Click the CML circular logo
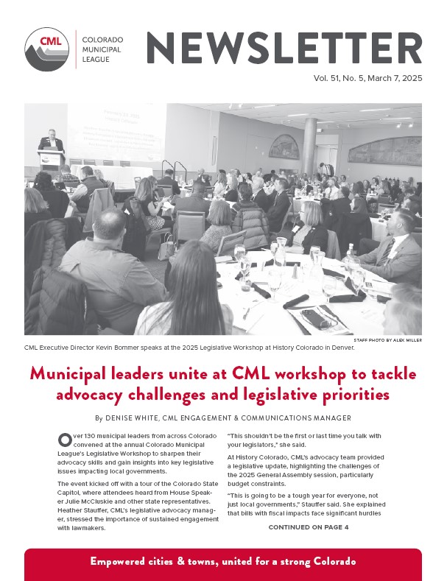click(x=48, y=49)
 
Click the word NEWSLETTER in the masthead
click(x=284, y=48)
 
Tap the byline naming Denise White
click(x=223, y=418)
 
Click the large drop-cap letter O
click(x=65, y=440)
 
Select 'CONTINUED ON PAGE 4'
click(x=309, y=527)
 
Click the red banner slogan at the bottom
click(x=223, y=561)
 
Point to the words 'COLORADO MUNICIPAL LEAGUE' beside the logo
click(x=103, y=49)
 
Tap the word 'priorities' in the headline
click(x=350, y=395)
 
